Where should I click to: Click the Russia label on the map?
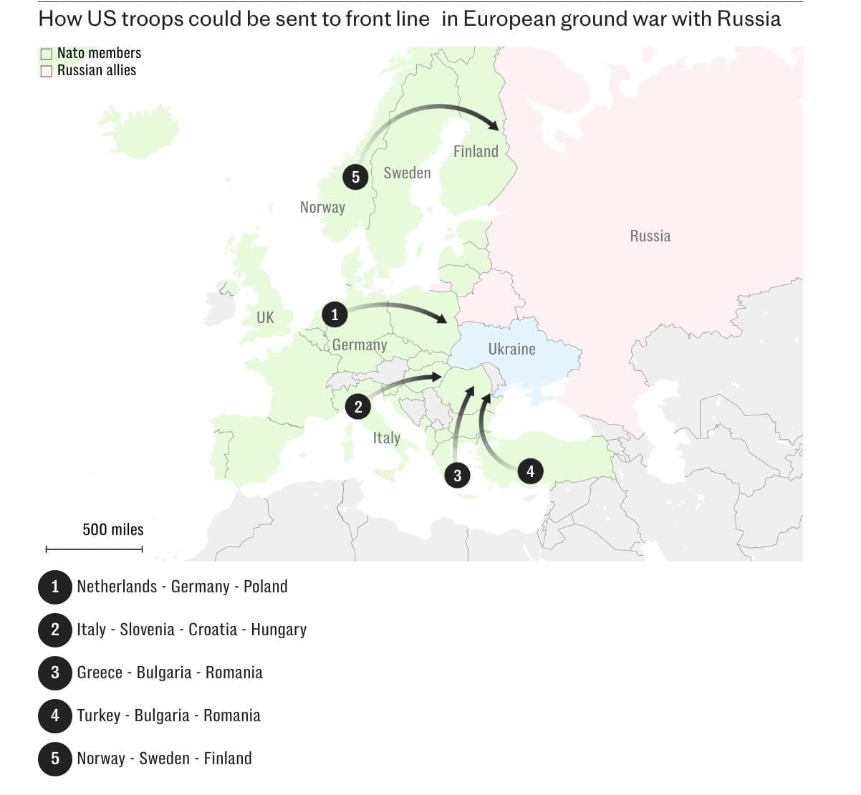point(650,236)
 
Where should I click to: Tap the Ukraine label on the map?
point(511,350)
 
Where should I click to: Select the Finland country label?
point(476,151)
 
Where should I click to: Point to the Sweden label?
point(407,173)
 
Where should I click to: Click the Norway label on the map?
point(322,208)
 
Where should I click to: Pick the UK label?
point(265,317)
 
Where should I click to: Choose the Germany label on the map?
point(360,345)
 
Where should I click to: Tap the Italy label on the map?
point(386,438)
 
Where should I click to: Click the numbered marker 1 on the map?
point(335,314)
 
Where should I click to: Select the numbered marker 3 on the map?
point(457,475)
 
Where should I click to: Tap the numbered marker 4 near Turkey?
point(530,471)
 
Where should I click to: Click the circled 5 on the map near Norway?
point(355,177)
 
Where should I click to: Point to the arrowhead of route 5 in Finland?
point(494,126)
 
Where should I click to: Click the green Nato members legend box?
point(47,54)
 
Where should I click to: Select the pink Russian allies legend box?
point(47,71)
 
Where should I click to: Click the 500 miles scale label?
point(113,530)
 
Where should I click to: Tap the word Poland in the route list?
point(265,587)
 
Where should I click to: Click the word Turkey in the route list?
point(99,715)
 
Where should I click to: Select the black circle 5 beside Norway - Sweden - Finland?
point(55,758)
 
